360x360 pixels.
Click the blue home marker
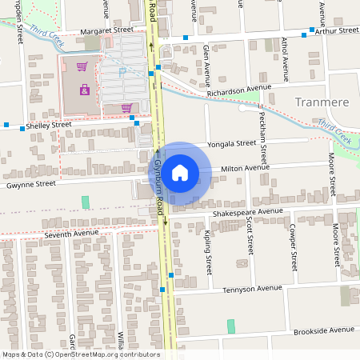pyautogui.click(x=180, y=172)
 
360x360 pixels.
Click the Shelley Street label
pyautogui.click(x=49, y=125)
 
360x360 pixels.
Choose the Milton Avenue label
pyautogui.click(x=246, y=168)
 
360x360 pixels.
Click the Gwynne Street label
pyautogui.click(x=31, y=183)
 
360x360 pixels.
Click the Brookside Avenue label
pyautogui.click(x=322, y=330)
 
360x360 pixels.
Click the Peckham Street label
pyautogui.click(x=262, y=127)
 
